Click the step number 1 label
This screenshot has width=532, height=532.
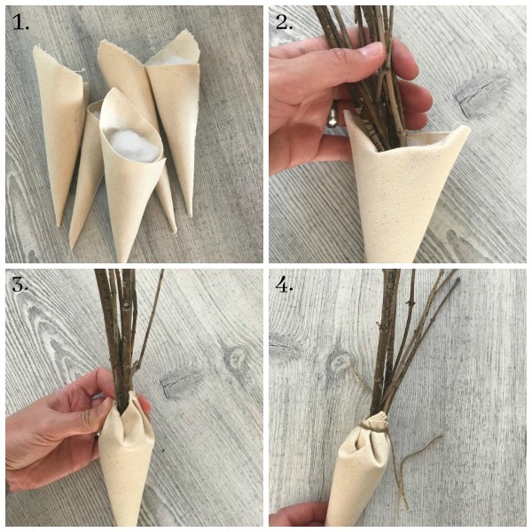20,22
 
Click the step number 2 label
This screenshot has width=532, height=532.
285,22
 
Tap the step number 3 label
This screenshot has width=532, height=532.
20,285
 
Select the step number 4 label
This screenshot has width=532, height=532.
285,285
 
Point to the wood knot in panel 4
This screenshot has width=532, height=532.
340,363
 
